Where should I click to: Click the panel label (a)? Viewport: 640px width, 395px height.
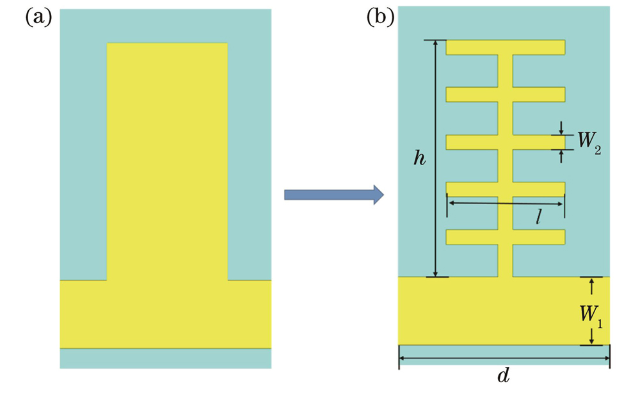[38, 17]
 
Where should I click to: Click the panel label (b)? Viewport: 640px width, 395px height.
[380, 17]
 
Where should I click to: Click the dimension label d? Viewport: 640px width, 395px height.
[504, 376]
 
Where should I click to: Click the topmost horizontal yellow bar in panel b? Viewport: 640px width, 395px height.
[505, 47]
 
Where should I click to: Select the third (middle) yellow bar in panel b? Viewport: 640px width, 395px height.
[505, 142]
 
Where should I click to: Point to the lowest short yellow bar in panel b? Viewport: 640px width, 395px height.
[505, 237]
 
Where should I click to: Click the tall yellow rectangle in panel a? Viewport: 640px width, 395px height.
[167, 160]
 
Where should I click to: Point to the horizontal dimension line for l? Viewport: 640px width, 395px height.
[486, 204]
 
